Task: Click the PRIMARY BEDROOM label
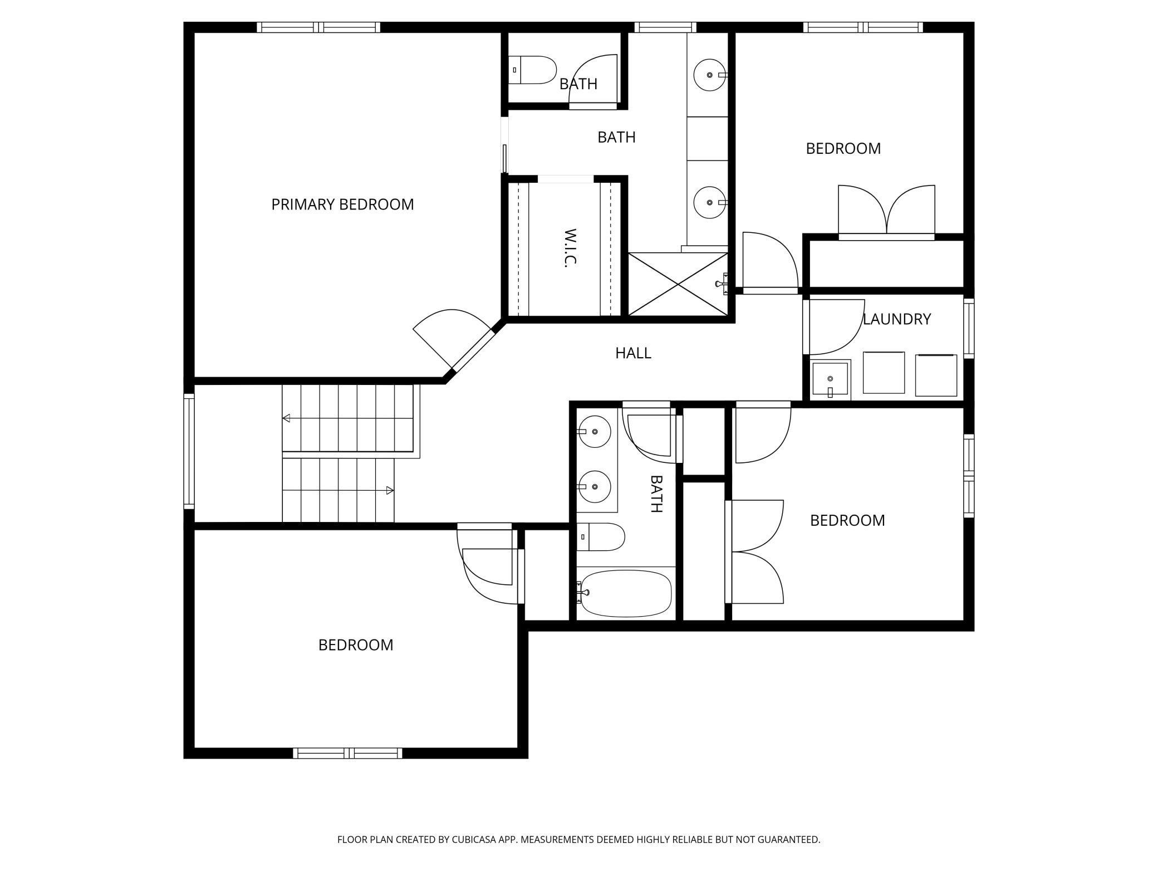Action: click(342, 204)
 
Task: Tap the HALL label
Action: click(633, 353)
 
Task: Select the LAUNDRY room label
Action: click(897, 319)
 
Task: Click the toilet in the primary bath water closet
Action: click(532, 70)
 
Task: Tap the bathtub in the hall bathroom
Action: click(624, 593)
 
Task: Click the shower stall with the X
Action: click(678, 284)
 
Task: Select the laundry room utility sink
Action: click(830, 380)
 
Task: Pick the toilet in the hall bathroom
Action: click(600, 537)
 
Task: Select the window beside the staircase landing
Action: click(189, 451)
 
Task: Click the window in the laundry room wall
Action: click(969, 328)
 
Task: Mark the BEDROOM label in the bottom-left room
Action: click(356, 645)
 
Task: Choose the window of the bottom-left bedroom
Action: click(347, 753)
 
